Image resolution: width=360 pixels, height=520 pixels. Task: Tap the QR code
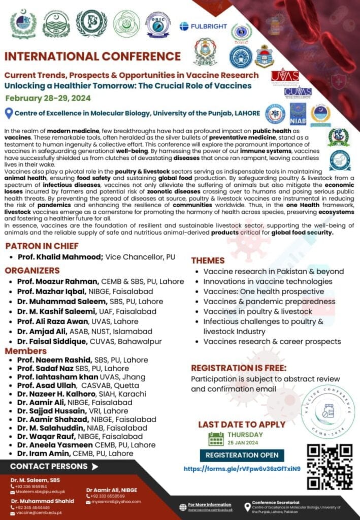pyautogui.click(x=330, y=466)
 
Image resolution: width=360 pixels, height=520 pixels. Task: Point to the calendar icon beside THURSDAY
pyautogui.click(x=216, y=438)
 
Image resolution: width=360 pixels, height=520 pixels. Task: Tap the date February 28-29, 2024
pyautogui.click(x=49, y=98)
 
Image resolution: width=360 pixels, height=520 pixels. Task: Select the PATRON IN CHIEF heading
pyautogui.click(x=42, y=246)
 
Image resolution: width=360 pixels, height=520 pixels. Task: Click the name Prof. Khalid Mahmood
pyautogui.click(x=60, y=257)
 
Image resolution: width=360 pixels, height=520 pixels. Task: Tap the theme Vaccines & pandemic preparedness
pyautogui.click(x=262, y=301)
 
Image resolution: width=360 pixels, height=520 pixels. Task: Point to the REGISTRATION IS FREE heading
pyautogui.click(x=239, y=368)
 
